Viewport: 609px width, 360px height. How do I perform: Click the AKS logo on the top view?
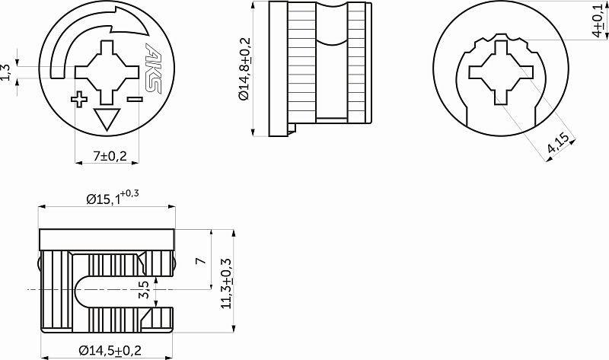154,70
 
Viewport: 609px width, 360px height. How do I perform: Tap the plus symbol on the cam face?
79,100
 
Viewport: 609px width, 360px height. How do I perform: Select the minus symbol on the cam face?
136,99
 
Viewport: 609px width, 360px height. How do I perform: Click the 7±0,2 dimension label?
109,156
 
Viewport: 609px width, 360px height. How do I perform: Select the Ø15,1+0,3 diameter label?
112,199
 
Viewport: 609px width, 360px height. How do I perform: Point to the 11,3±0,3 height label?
226,281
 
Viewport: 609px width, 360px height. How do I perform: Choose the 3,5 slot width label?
145,289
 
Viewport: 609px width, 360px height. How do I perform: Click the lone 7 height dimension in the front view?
200,260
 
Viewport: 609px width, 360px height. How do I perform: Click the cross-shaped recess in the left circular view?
107,72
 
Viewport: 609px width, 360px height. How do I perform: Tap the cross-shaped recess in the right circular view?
502,73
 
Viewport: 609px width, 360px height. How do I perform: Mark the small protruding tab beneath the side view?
292,129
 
